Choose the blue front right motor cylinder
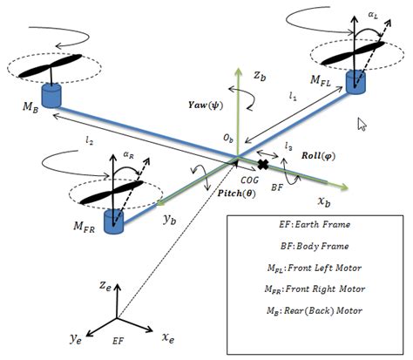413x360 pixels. (116, 221)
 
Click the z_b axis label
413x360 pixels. (259, 76)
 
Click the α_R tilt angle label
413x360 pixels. (129, 152)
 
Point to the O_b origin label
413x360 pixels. (228, 139)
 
